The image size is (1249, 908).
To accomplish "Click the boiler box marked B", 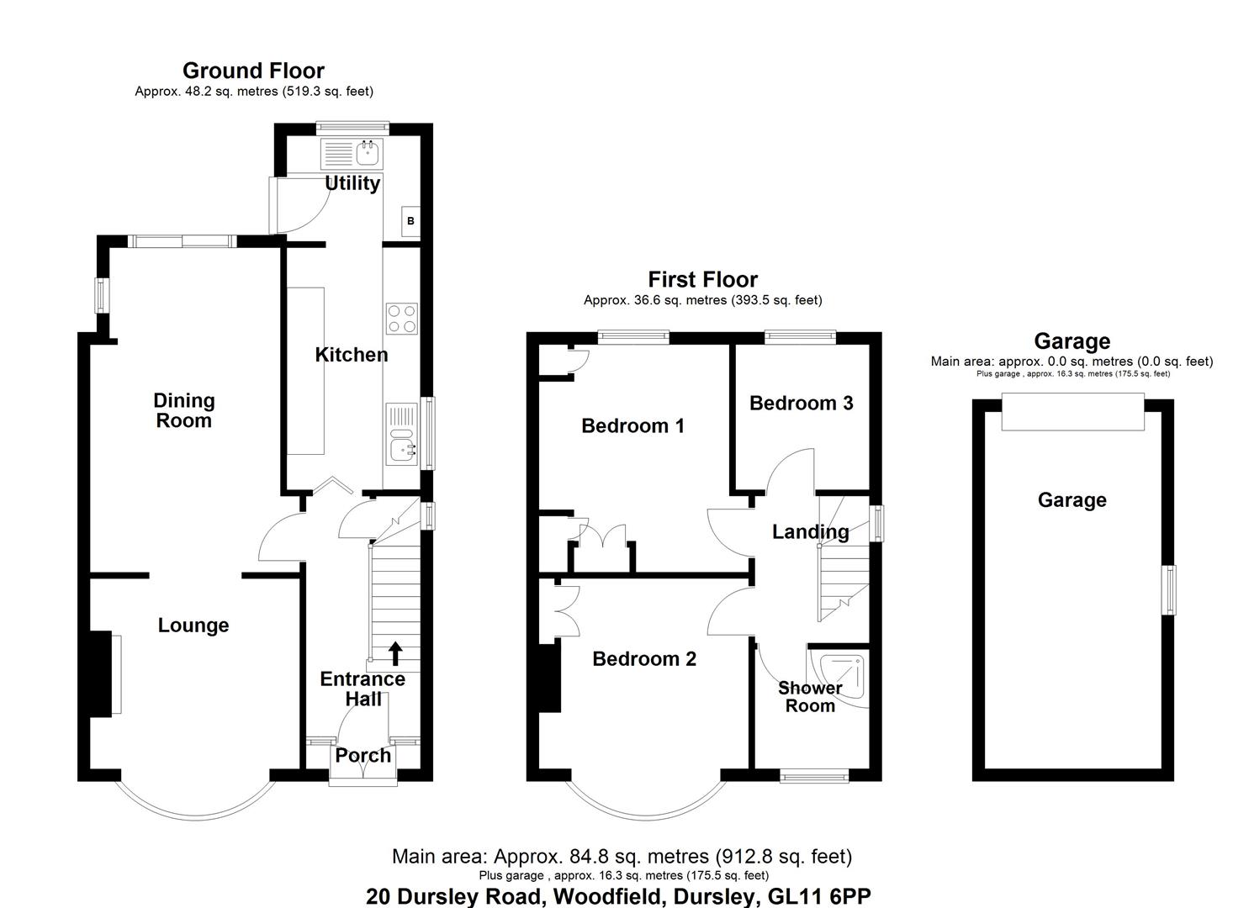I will coord(410,221).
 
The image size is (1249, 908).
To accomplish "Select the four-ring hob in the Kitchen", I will coord(401,318).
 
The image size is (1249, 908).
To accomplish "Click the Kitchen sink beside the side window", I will coord(403,446).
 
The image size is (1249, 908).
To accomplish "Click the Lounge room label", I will coord(193,626).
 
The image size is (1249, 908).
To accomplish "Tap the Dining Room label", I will coord(183,411).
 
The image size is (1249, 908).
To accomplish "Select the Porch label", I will coord(363,756).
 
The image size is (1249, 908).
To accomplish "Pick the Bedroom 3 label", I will coord(801,404).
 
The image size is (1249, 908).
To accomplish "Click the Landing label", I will coord(810,532).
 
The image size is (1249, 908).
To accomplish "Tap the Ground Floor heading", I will coord(253,71).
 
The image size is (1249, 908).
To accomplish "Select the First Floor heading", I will coord(702,279).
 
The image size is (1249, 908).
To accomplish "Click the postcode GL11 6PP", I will coord(813,897).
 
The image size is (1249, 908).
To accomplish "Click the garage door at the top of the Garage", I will coord(1072,411).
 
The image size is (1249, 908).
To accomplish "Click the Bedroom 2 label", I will coord(644,659).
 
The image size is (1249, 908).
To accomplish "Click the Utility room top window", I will coord(352,128).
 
